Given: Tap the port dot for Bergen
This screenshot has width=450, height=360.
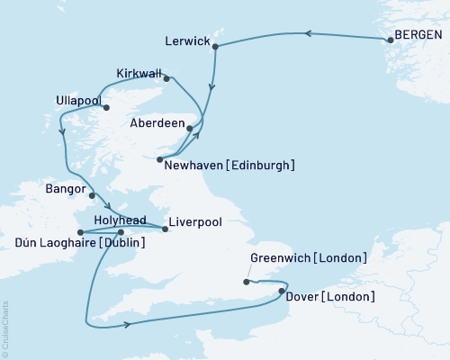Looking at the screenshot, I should point(391,40).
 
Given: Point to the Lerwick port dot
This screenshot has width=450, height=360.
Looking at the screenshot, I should point(216,51).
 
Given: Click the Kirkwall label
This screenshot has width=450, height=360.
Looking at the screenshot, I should point(140,73).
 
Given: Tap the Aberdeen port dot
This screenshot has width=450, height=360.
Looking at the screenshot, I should point(189,129).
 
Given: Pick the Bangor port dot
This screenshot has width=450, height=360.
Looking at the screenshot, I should point(93,192).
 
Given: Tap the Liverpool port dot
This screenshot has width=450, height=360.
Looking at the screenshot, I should point(165,229).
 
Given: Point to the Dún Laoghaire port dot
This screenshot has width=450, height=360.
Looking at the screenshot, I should point(81,232).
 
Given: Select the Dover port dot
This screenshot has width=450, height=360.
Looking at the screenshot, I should point(282,292).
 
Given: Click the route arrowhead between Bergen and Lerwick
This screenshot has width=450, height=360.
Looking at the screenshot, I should point(306,34).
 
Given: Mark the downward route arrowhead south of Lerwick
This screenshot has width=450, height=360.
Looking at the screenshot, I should point(211,88).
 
